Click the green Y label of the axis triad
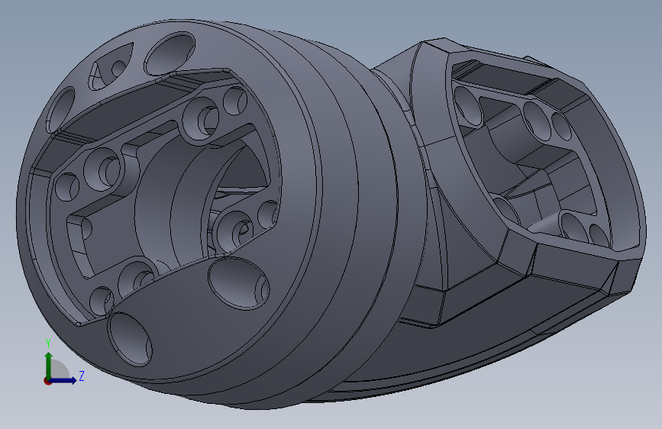click(48, 344)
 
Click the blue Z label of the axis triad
click(82, 376)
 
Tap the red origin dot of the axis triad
click(47, 381)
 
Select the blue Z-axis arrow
click(63, 380)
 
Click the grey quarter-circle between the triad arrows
click(59, 370)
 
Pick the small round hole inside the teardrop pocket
click(118, 69)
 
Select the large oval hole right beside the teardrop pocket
click(170, 54)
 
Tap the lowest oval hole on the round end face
click(130, 339)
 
